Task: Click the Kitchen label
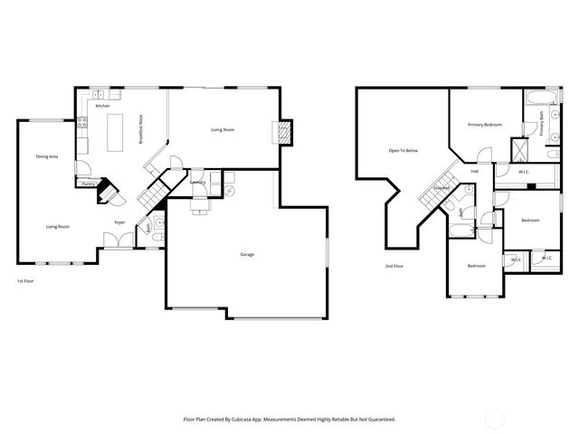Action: point(103,107)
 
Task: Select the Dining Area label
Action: point(47,156)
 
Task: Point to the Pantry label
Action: point(88,184)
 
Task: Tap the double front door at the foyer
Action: point(116,241)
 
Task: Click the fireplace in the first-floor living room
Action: point(284,133)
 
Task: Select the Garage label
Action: point(246,254)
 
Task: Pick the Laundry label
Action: point(198,182)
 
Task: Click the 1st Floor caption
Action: point(26,281)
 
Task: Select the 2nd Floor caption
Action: point(394,266)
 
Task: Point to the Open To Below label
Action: point(403,150)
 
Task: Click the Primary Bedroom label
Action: point(485,124)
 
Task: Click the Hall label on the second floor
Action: point(474,171)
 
